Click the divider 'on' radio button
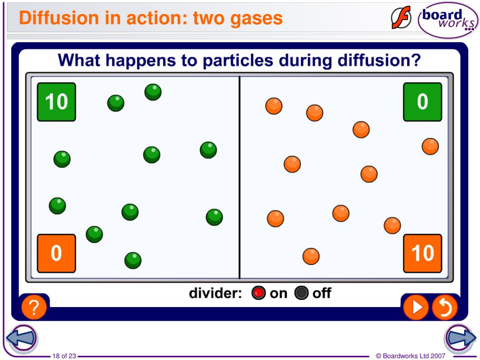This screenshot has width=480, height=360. (258, 293)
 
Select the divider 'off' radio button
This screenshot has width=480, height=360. (301, 293)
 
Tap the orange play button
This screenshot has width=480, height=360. (415, 307)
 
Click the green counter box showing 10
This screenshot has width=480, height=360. (56, 102)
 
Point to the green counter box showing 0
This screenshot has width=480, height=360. (422, 102)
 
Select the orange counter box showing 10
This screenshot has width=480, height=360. (422, 253)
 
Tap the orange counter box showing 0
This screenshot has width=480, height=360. (56, 253)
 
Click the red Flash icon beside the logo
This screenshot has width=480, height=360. (401, 18)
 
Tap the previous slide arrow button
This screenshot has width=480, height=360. (22, 337)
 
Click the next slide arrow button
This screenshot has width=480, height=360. (460, 337)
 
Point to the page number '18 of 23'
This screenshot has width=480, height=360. (65, 356)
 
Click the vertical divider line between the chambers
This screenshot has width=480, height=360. (240, 178)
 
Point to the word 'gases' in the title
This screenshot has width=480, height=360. (257, 19)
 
